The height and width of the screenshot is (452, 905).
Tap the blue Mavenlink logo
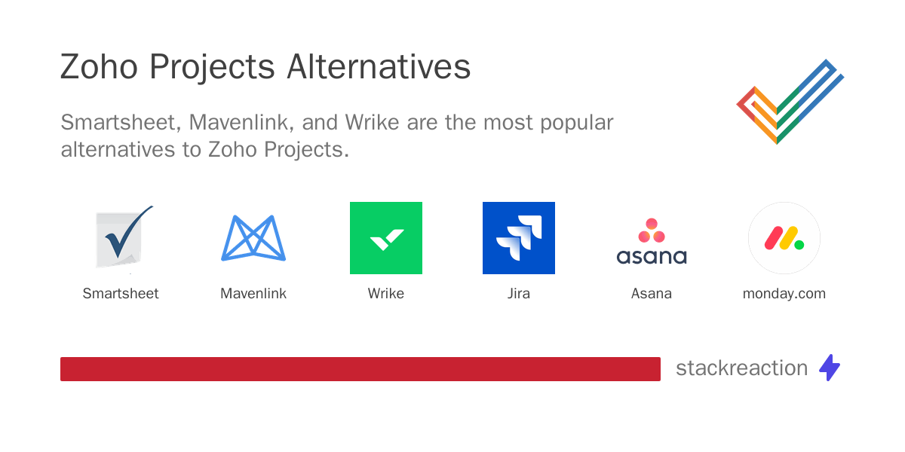[253, 238]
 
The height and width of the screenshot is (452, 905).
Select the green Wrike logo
[386, 238]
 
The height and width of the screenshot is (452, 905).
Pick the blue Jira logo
[519, 238]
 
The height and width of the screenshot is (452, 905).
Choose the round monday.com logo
[784, 238]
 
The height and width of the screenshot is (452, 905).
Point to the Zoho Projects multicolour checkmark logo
[789, 101]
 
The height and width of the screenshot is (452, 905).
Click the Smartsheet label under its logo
[121, 294]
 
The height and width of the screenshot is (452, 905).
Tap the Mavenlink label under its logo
[253, 294]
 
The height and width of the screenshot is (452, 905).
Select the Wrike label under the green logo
[386, 294]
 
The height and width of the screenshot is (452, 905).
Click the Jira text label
[519, 294]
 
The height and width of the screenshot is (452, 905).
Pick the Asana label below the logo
[652, 294]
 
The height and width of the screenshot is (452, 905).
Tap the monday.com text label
[784, 294]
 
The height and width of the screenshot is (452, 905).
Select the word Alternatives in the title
[379, 68]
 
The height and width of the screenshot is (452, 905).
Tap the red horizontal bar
[360, 369]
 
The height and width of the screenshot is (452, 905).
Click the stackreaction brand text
[741, 368]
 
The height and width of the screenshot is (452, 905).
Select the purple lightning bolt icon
[830, 368]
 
